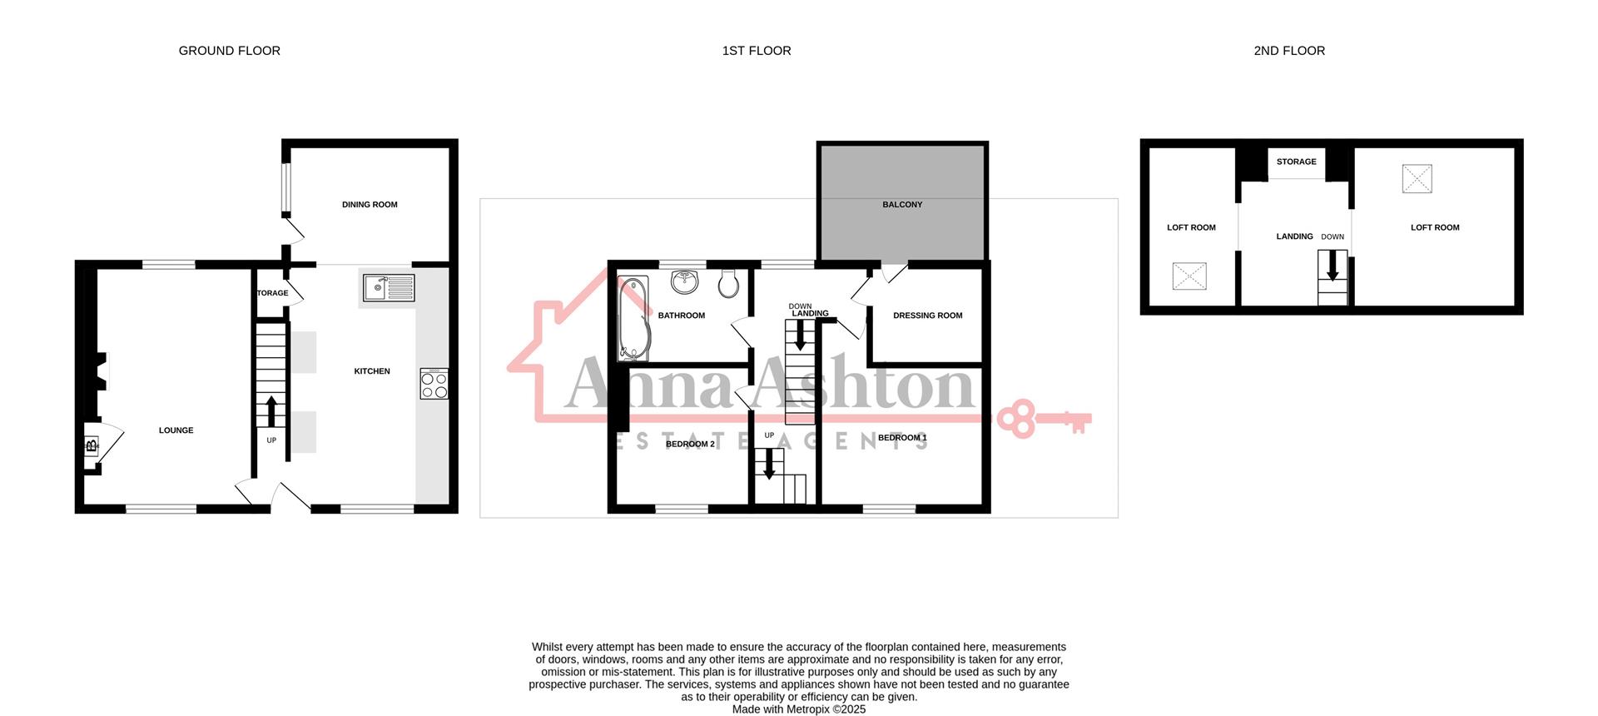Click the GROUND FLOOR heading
229,51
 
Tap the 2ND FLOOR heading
1288,51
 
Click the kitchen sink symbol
389,287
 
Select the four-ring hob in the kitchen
434,384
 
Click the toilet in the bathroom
728,284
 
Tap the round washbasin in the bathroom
686,281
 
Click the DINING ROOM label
370,204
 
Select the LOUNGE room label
176,430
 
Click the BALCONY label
902,204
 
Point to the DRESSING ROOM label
927,316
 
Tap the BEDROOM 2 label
690,444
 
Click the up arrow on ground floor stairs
271,410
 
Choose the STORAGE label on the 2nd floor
1296,162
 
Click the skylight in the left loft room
1189,276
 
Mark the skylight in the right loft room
1417,178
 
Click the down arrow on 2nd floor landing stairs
1332,267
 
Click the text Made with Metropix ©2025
798,709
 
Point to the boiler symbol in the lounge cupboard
91,446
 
